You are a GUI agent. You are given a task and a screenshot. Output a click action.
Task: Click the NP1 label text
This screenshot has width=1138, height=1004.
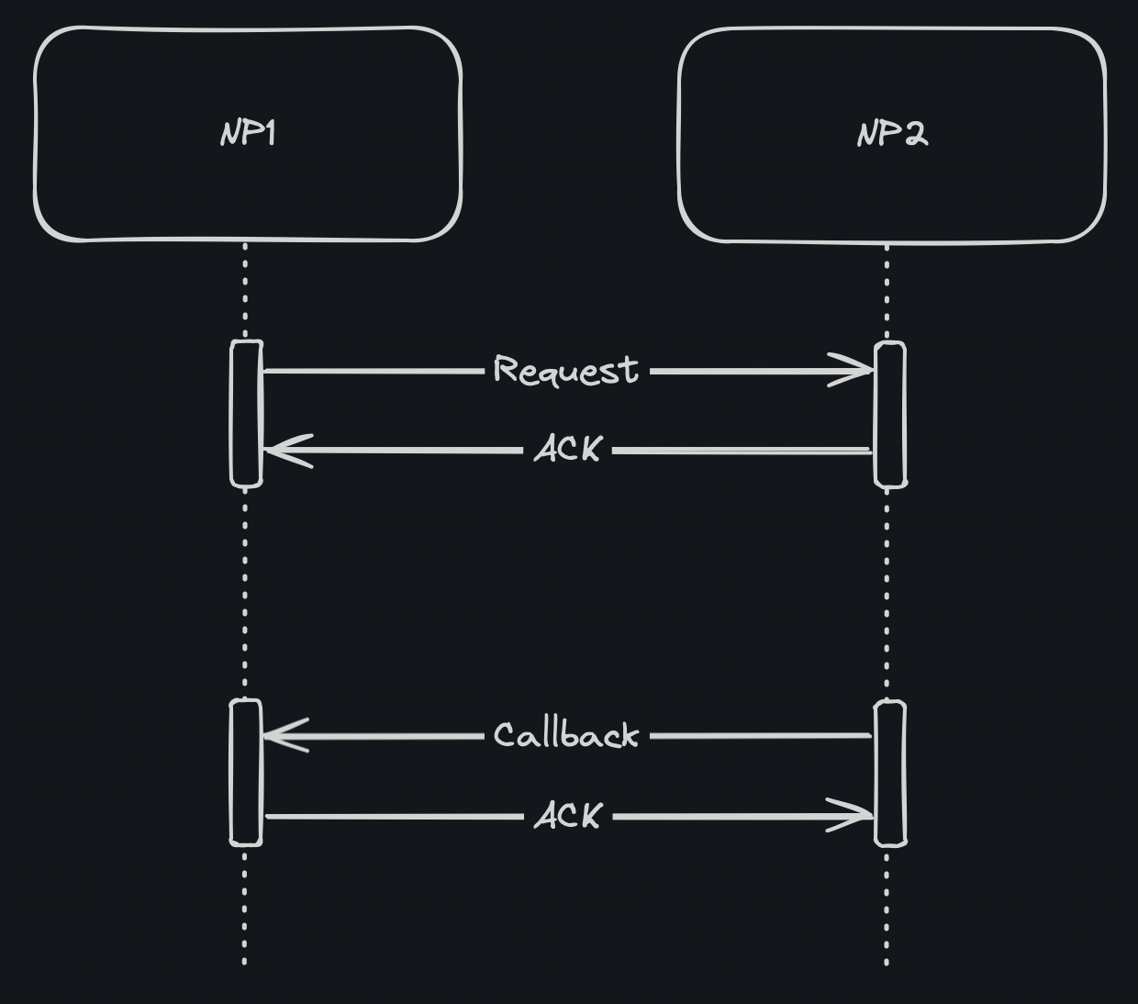coord(248,134)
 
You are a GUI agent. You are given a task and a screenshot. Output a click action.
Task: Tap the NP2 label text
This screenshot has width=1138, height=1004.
coord(892,135)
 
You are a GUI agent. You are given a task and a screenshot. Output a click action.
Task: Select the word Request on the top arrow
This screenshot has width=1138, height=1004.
coord(565,370)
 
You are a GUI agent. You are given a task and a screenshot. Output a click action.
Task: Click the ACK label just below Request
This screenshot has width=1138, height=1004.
coord(568,450)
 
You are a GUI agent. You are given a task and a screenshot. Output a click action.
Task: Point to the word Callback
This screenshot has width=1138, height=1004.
coord(565,735)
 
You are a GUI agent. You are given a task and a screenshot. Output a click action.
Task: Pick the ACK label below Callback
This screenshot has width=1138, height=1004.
coord(568,816)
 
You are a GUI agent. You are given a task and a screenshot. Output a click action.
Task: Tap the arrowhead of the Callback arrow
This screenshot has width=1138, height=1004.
coord(281,735)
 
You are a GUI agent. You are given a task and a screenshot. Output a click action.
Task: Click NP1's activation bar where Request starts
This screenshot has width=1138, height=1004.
coord(246,413)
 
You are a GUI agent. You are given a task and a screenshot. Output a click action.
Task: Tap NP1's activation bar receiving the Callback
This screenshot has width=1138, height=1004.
coord(246,772)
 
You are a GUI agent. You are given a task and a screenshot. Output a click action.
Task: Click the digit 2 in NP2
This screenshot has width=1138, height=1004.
coord(914,135)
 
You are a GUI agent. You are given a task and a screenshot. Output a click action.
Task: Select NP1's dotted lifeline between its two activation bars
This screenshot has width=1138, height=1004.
coord(245,592)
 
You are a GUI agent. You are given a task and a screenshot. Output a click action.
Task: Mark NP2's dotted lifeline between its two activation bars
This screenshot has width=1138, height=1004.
coord(887,592)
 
